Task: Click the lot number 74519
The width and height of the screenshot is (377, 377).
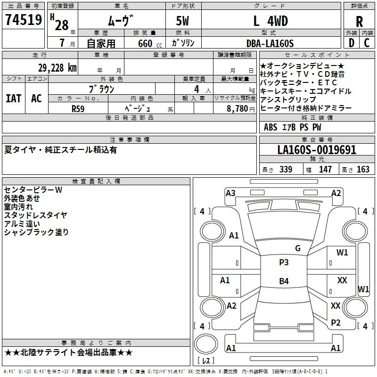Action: tap(23, 20)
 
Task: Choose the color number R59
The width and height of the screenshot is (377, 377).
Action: tap(78, 108)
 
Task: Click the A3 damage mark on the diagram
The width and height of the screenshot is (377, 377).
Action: tap(230, 193)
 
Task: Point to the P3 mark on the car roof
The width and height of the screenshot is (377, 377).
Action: tap(284, 262)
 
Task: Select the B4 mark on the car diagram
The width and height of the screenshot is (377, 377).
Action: tap(284, 281)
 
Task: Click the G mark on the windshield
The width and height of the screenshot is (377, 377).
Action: tap(297, 248)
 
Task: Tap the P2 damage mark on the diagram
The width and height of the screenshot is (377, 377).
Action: tap(336, 322)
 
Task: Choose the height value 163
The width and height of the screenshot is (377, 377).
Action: tap(363, 170)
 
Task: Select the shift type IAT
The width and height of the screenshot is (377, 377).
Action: tap(13, 98)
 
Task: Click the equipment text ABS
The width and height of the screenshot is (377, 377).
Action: tap(270, 127)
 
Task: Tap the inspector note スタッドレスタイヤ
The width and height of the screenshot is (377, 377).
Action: tap(36, 215)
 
